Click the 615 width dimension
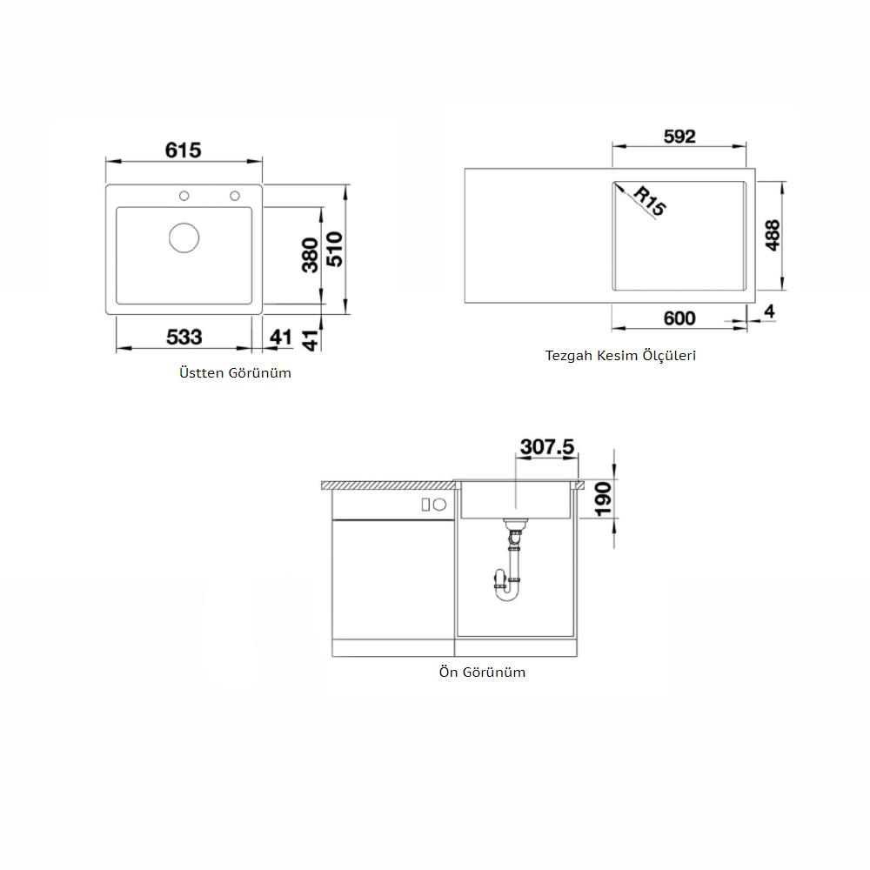[183, 150]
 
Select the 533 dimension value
[184, 337]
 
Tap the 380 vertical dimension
[311, 255]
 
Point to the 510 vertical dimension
[335, 249]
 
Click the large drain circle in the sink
[184, 238]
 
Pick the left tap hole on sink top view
[184, 196]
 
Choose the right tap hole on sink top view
[235, 196]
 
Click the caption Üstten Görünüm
[235, 373]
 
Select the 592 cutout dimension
[679, 137]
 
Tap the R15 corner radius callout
[649, 201]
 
